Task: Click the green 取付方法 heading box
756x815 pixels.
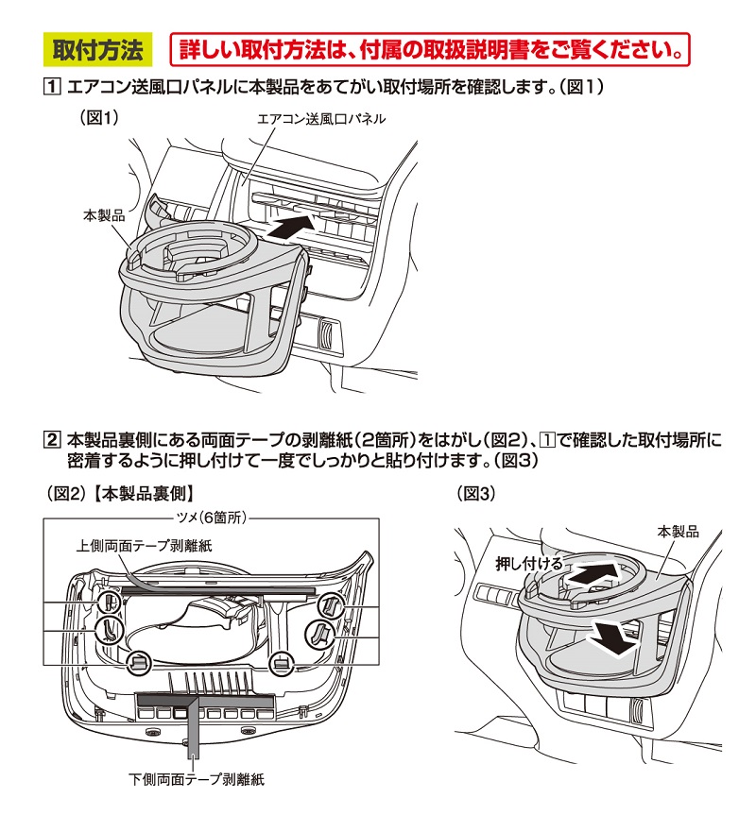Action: click(97, 47)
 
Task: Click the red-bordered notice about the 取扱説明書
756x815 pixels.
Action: click(429, 47)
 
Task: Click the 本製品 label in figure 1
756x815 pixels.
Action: click(104, 215)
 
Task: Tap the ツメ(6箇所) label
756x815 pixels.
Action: click(211, 518)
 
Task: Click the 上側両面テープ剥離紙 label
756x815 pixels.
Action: click(145, 545)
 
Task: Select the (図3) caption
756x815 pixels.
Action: click(476, 492)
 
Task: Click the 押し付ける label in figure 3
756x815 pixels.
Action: click(529, 563)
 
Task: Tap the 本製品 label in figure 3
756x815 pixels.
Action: click(678, 533)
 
